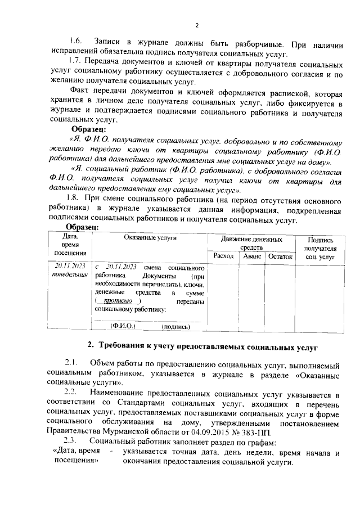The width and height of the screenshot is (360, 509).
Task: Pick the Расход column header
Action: pyautogui.click(x=223, y=256)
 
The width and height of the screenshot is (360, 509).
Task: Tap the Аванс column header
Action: pyautogui.click(x=251, y=256)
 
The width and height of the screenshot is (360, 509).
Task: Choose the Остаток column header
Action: pyautogui.click(x=281, y=256)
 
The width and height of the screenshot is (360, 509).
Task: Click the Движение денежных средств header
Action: pyautogui.click(x=251, y=243)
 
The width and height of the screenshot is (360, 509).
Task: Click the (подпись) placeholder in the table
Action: pyautogui.click(x=175, y=326)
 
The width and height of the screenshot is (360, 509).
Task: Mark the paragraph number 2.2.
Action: pyautogui.click(x=72, y=391)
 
